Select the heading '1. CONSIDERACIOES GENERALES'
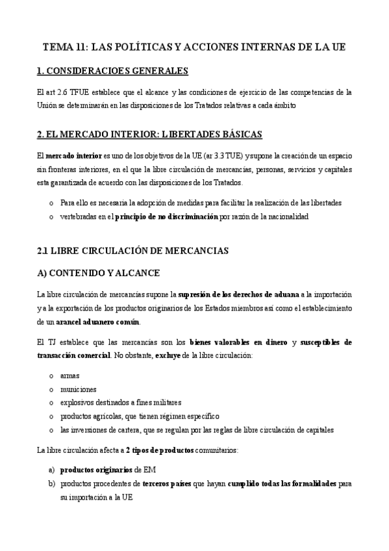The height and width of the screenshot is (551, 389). pos(112,70)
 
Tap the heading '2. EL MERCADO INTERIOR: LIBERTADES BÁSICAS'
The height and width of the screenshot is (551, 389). pos(149,135)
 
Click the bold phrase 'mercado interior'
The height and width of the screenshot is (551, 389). pos(74,157)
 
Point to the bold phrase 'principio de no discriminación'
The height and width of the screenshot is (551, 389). pos(166,216)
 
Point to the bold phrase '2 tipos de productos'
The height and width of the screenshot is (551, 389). pos(162,450)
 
